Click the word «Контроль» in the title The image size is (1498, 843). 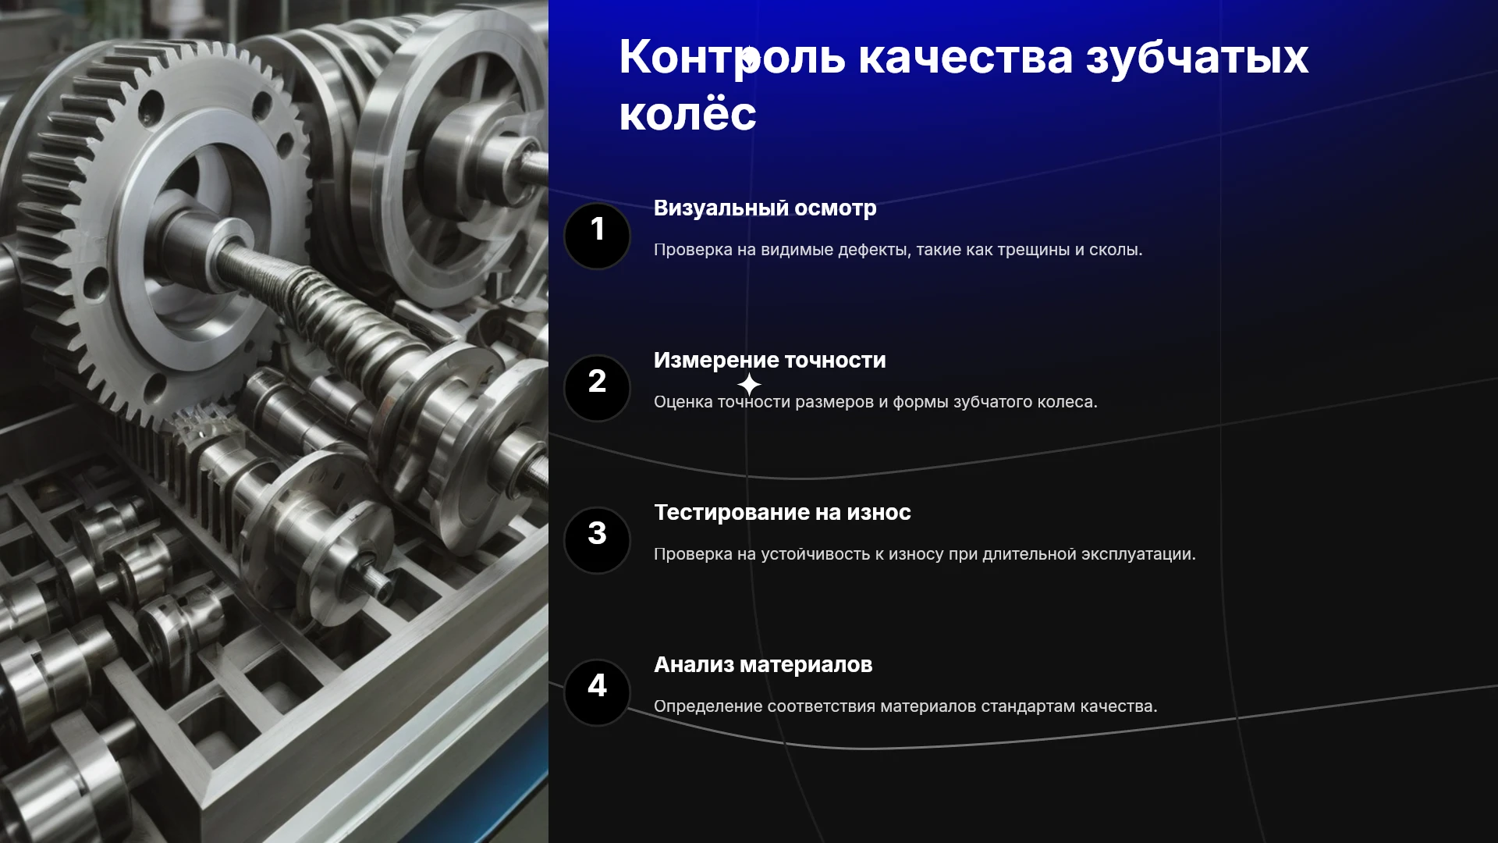(x=732, y=57)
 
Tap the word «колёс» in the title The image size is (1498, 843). (x=687, y=113)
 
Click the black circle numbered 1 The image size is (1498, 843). (x=597, y=236)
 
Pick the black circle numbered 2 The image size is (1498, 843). (x=597, y=388)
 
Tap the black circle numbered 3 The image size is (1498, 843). (x=597, y=540)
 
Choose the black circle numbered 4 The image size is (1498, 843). (x=597, y=692)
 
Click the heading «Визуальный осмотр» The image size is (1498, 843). (x=765, y=208)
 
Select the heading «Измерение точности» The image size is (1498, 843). (x=769, y=360)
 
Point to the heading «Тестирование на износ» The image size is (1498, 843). (x=782, y=512)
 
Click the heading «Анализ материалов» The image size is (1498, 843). (x=763, y=664)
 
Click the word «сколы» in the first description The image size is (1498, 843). (x=1116, y=250)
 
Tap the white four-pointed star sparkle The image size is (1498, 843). (x=749, y=385)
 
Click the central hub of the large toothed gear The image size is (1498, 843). (x=195, y=234)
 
